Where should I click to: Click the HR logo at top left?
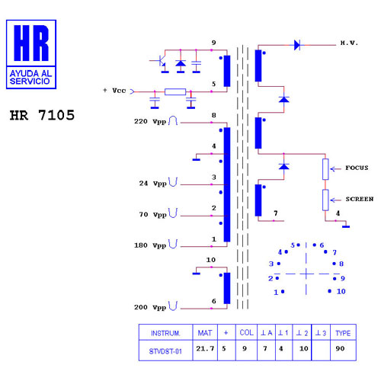click(31, 54)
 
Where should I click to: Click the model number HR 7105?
click(42, 115)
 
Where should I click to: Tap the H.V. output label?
click(349, 43)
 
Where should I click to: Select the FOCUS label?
click(357, 168)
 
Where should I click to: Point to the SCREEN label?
click(360, 199)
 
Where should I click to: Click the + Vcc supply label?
click(114, 91)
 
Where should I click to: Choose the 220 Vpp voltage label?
click(150, 122)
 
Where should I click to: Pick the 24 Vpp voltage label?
click(152, 184)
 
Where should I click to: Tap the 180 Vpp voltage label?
click(150, 245)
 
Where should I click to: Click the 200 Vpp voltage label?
click(150, 308)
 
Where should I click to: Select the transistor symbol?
click(161, 62)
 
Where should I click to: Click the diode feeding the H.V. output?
click(297, 45)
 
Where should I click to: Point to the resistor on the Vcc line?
click(175, 91)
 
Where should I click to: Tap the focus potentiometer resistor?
click(325, 169)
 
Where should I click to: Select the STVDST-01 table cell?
click(165, 351)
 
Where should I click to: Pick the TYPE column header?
click(343, 332)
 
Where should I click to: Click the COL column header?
click(246, 332)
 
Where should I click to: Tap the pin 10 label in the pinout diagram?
click(341, 291)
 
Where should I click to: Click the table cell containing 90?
click(343, 351)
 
